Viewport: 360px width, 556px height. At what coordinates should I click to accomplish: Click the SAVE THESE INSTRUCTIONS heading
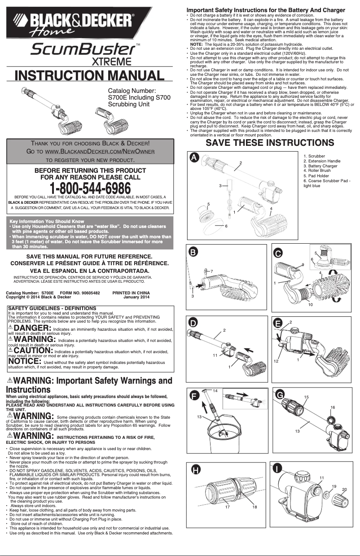(269, 143)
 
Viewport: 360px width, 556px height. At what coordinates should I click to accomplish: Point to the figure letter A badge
(193, 158)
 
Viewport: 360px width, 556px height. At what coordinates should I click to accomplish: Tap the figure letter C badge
(278, 253)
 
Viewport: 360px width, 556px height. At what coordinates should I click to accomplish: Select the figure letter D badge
(193, 323)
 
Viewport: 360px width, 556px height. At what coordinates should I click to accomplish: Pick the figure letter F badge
(194, 395)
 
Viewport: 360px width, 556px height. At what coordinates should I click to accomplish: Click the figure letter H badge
(196, 470)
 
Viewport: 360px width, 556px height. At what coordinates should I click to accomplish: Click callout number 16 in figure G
(333, 407)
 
